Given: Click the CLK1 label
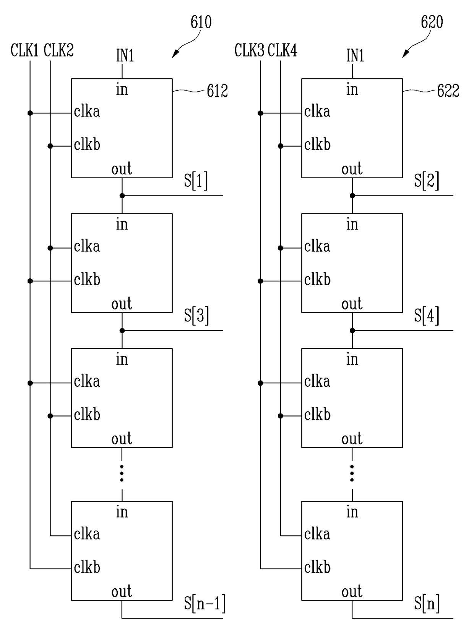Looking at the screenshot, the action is click(24, 50).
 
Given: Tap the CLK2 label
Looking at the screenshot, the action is click(58, 50).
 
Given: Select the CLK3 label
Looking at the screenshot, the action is click(249, 50).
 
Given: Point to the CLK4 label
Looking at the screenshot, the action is click(282, 50).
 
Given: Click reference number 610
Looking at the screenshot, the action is click(201, 22).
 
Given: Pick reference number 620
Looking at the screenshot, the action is click(432, 22).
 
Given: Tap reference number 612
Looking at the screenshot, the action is click(218, 91).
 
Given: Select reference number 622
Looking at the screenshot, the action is click(448, 91).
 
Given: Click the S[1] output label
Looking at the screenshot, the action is click(196, 181).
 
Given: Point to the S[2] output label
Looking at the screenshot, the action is click(427, 181).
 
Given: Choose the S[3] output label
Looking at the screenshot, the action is click(196, 316).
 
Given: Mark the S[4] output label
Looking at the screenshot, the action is click(427, 316).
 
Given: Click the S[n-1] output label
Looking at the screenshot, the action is click(205, 603).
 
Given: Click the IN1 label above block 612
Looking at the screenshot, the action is click(125, 56).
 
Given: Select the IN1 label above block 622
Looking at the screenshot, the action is click(355, 56).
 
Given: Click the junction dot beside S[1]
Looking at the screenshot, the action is click(122, 196).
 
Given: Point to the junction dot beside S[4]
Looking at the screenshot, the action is click(352, 331).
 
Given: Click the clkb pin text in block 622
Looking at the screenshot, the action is click(317, 144).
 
